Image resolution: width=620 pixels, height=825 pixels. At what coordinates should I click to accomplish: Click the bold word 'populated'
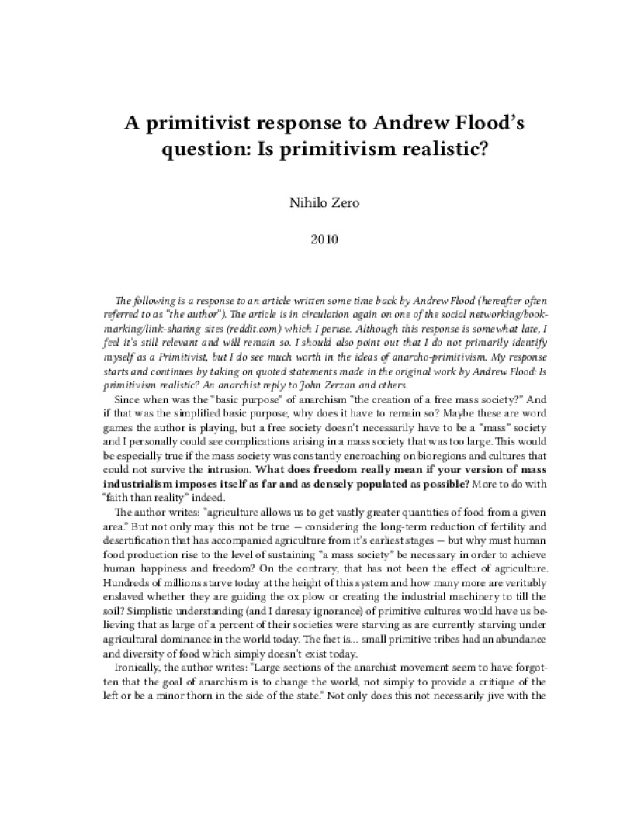coord(395,483)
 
